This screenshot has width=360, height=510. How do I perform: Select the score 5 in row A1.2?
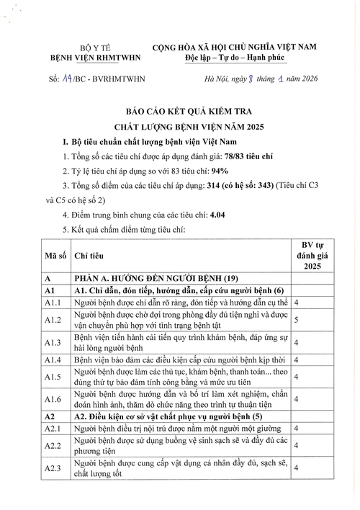click(296, 319)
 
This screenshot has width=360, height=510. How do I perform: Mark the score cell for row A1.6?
click(296, 400)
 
